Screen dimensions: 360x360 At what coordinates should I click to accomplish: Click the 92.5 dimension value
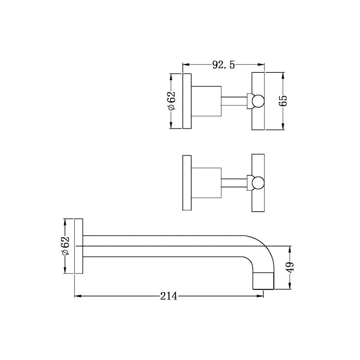223,65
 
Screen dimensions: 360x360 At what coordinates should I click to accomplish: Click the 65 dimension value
283,101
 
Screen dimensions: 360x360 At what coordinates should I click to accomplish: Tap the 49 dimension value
290,268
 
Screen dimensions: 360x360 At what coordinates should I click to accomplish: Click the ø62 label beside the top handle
171,101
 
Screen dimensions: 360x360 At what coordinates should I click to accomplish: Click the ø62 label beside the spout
65,246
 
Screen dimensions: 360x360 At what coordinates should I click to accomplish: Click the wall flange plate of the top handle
187,101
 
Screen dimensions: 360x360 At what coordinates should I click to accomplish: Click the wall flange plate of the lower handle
187,183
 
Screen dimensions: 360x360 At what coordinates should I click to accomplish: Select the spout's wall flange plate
78,246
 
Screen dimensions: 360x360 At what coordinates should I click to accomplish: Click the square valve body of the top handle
206,101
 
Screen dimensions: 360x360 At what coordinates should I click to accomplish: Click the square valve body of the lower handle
206,183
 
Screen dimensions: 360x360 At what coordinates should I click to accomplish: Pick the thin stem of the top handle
234,101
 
